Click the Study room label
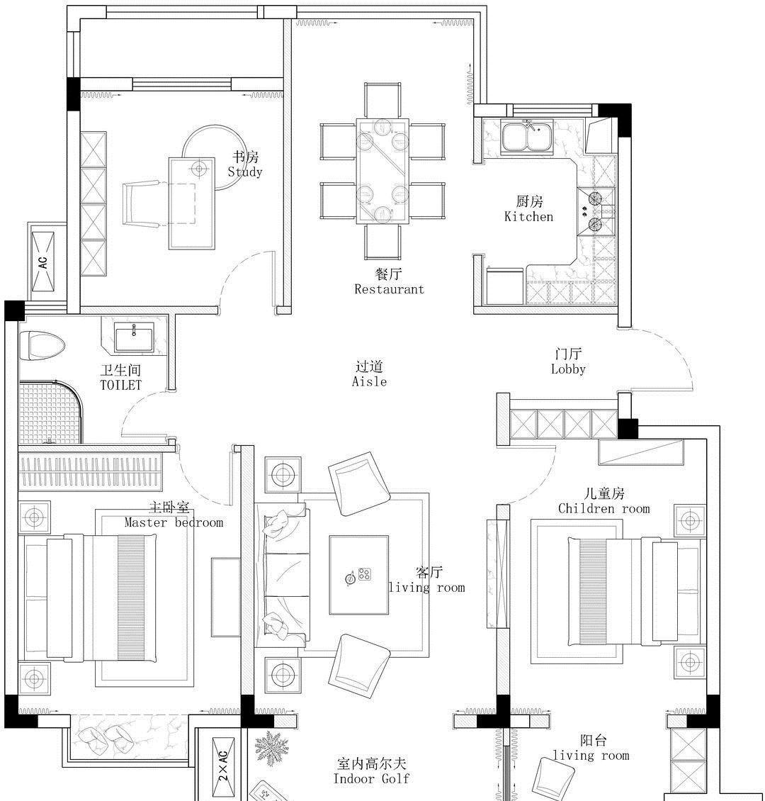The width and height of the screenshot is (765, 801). tap(245, 172)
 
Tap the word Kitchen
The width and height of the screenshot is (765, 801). tap(528, 217)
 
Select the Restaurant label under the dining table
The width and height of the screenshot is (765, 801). tap(390, 289)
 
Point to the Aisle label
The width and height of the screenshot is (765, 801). tap(369, 381)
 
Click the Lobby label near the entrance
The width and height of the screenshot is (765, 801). tap(568, 369)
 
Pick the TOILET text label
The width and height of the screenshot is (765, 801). tap(121, 385)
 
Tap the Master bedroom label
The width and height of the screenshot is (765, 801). tap(174, 522)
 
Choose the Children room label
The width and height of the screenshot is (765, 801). tap(603, 509)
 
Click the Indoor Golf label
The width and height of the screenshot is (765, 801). tap(371, 778)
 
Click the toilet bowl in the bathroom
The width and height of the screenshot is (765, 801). tap(42, 345)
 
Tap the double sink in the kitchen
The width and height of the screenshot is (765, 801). tap(527, 136)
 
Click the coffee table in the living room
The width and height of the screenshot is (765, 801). tap(358, 575)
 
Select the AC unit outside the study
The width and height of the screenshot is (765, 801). tap(43, 262)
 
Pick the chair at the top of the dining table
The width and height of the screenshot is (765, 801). tap(382, 100)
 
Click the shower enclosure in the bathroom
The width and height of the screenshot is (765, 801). tap(50, 412)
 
